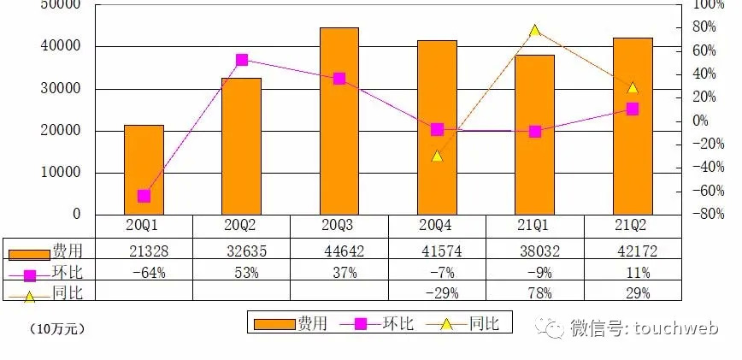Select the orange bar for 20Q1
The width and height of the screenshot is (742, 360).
pos(144,169)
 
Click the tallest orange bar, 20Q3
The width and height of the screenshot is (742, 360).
pos(339,121)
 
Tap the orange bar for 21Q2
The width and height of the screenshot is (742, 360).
pos(633,126)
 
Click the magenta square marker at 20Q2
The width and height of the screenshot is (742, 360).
pos(242,60)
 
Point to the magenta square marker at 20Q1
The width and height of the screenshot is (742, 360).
pos(144,196)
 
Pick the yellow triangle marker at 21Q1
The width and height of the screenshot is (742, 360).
pos(535,31)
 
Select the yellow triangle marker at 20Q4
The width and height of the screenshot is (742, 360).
pos(437,156)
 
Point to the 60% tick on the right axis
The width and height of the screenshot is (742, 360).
pos(701,51)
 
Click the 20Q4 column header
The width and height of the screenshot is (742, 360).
pos(437,226)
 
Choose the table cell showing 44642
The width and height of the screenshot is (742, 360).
pos(339,250)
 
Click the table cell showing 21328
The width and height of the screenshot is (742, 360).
pos(144,250)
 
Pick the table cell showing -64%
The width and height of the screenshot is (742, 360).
pos(144,273)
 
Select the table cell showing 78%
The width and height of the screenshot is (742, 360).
pos(535,293)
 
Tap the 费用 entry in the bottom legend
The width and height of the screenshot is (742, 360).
pos(291,323)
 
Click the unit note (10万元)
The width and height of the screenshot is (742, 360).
pos(56,328)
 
